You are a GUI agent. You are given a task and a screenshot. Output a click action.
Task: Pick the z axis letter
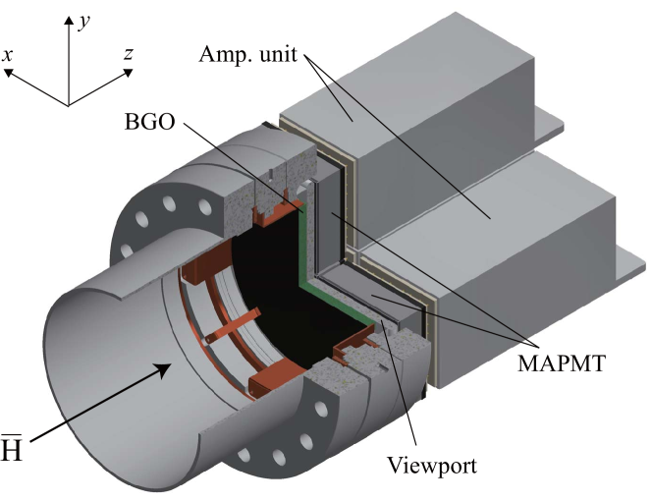point(128,54)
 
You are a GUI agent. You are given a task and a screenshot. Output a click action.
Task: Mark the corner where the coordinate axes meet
point(68,104)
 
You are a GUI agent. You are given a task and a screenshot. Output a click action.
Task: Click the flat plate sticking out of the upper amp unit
point(550,124)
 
